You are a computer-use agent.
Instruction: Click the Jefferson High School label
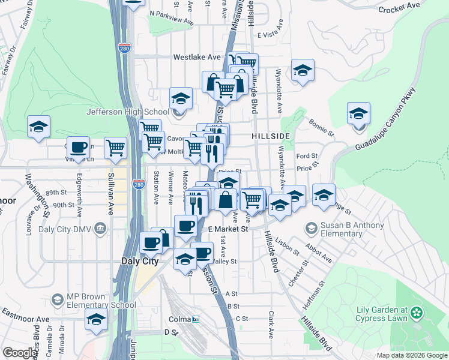127,112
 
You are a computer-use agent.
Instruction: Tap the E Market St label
228,229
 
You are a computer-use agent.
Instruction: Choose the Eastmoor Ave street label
25,316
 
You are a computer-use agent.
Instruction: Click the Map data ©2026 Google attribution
411,355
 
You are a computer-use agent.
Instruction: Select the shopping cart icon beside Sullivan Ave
115,147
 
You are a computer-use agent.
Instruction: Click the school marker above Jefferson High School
181,97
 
